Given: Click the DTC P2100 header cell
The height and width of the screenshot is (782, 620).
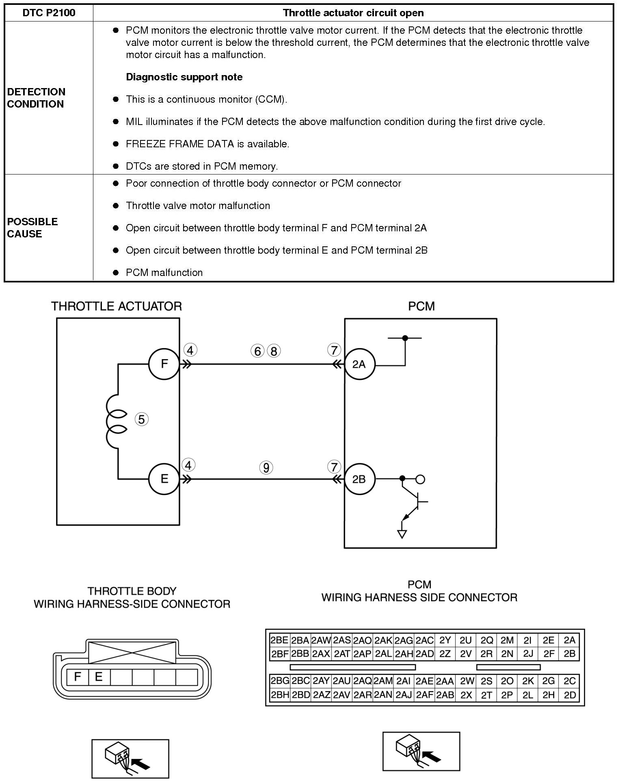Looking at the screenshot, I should coord(49,13).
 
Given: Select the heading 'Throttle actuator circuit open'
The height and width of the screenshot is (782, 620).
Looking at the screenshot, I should coord(353,13).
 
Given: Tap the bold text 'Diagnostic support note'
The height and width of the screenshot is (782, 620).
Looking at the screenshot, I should coord(184,77).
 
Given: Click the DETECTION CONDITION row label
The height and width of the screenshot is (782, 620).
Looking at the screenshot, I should coord(36,98).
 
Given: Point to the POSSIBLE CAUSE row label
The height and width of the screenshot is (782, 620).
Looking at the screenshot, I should coord(32,228).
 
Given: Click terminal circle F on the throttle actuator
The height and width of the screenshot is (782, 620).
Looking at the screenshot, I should coord(164,364).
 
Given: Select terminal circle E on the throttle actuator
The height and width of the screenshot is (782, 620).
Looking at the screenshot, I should coord(164,479).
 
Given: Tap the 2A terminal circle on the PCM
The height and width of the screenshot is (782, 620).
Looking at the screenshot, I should coord(359,364).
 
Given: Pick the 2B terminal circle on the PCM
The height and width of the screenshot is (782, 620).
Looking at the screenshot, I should coord(359,479).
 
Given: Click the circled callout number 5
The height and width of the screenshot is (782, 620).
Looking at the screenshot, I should coord(141,419).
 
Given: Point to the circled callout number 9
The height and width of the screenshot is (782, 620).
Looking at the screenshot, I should coord(266,468).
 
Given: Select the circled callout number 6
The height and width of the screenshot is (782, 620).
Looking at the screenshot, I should coord(257,351).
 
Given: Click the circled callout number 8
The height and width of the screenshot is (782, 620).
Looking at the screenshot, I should coord(274,351).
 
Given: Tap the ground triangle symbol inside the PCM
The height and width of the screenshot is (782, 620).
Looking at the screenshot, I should coord(402,534).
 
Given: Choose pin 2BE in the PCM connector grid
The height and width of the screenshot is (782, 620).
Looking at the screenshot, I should coord(279,640).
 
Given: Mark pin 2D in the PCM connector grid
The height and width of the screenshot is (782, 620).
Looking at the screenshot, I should coord(570,695).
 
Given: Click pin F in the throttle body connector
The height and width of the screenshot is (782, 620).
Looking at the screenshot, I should coord(78,676).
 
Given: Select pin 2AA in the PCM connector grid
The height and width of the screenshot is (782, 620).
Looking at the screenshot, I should coord(445,681).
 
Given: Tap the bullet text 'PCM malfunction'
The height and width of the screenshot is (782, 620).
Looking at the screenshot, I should coord(164,273).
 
